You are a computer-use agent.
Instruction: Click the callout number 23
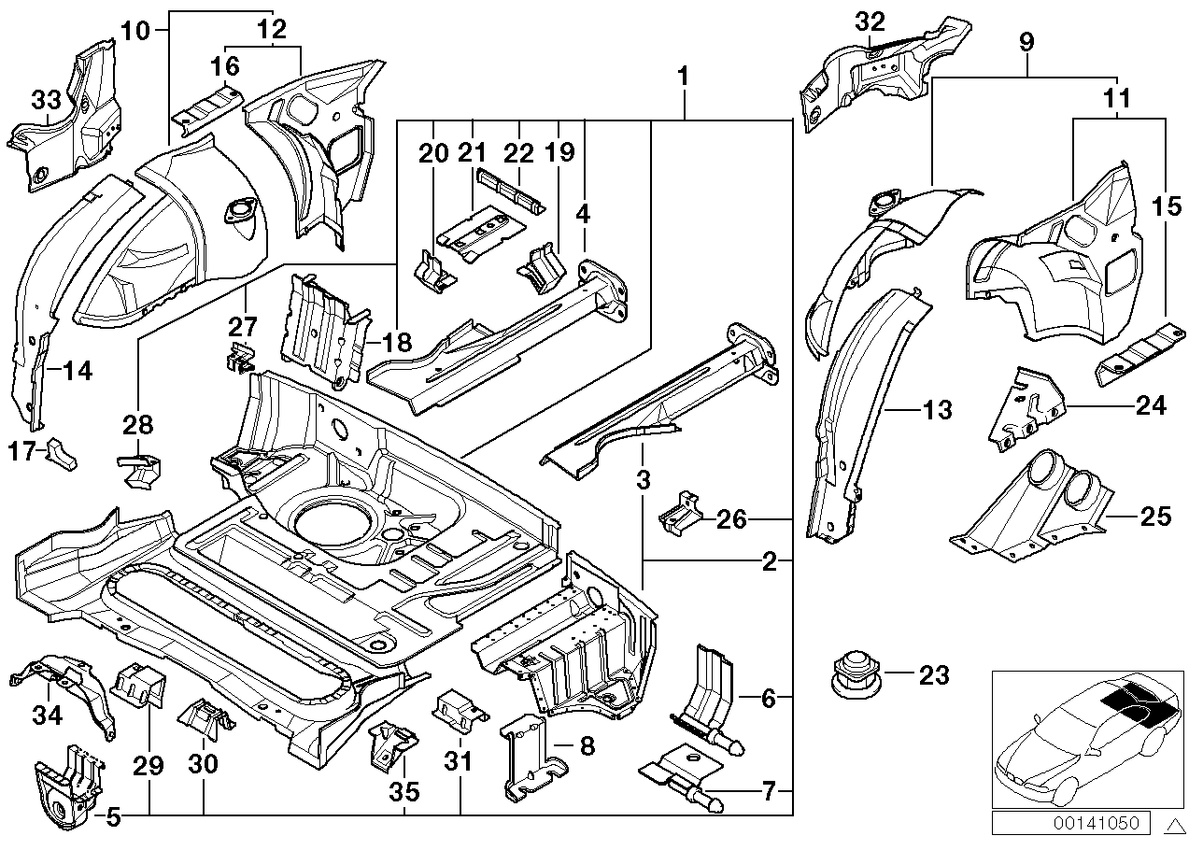[x=934, y=674]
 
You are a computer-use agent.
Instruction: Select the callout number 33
[x=47, y=99]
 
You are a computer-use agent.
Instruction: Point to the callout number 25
[x=1154, y=515]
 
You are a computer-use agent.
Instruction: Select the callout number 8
[x=586, y=745]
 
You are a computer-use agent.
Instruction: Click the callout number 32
[x=869, y=21]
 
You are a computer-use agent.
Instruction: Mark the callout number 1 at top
[x=684, y=74]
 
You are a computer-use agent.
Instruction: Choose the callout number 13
[x=938, y=408]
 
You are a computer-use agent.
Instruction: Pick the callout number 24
[x=1151, y=405]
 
